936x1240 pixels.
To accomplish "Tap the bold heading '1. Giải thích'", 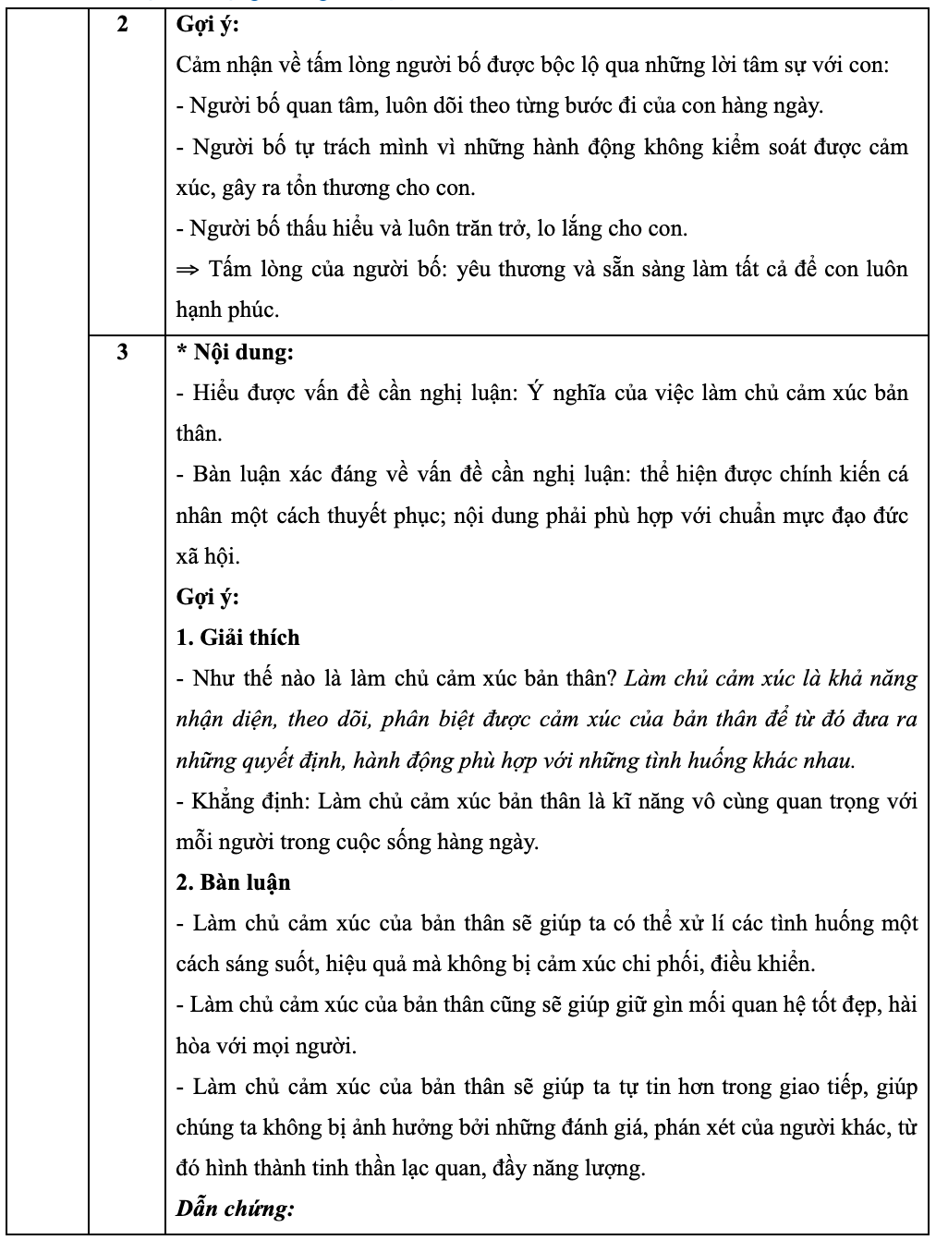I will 237,638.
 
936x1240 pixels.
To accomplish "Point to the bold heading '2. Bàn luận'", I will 233,882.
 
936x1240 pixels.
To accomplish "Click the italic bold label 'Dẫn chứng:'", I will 235,1208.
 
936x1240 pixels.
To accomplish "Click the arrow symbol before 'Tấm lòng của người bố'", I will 188,270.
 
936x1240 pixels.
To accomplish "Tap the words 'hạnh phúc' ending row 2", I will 226,310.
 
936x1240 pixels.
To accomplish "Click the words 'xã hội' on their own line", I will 206,556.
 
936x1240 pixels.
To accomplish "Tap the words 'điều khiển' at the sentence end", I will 774,965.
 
